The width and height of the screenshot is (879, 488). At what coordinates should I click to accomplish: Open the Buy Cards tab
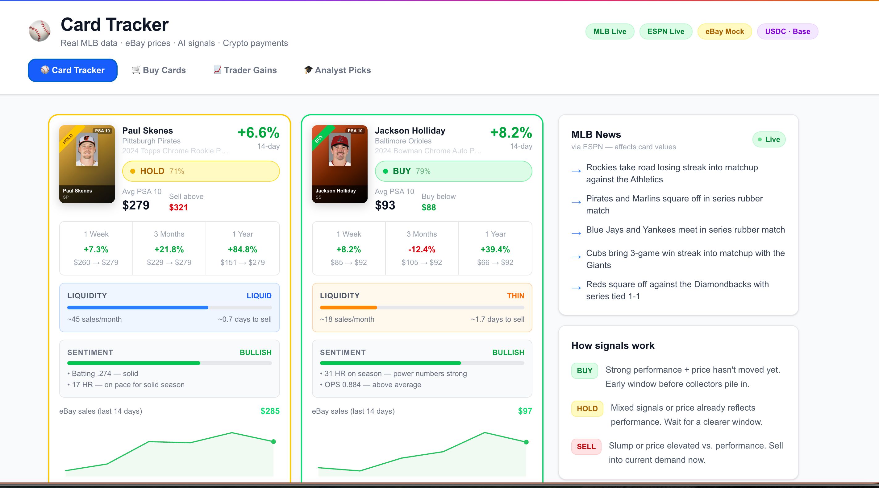tap(159, 70)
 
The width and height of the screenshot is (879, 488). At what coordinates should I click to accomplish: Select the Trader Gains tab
tap(245, 70)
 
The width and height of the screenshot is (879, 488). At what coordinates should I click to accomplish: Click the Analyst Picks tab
tap(337, 70)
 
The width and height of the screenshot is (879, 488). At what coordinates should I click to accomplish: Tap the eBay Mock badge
tap(724, 31)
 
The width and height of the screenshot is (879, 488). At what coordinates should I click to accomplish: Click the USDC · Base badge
tap(788, 31)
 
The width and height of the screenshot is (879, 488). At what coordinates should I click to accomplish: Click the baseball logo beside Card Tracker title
tap(40, 31)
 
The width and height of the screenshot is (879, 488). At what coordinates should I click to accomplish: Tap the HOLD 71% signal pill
tap(201, 171)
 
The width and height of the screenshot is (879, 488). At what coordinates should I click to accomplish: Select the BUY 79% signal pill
tap(453, 171)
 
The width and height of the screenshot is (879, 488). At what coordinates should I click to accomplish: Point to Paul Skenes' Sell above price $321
tap(178, 207)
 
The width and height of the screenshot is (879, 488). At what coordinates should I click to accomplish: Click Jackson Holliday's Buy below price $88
tap(429, 207)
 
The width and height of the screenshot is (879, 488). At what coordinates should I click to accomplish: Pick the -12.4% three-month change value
tap(422, 250)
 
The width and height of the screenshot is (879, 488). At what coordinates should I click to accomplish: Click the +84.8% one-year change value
tap(243, 250)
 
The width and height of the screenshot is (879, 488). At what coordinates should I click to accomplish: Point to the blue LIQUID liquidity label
tap(259, 296)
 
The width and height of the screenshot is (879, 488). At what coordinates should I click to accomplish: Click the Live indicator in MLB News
tap(769, 139)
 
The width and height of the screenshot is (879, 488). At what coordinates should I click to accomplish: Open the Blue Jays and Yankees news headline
tap(685, 230)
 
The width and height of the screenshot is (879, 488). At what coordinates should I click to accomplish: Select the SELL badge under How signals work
tap(586, 447)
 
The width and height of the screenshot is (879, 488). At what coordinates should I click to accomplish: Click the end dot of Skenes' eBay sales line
tap(273, 442)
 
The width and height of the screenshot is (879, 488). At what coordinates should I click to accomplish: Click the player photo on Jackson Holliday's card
tap(340, 149)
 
